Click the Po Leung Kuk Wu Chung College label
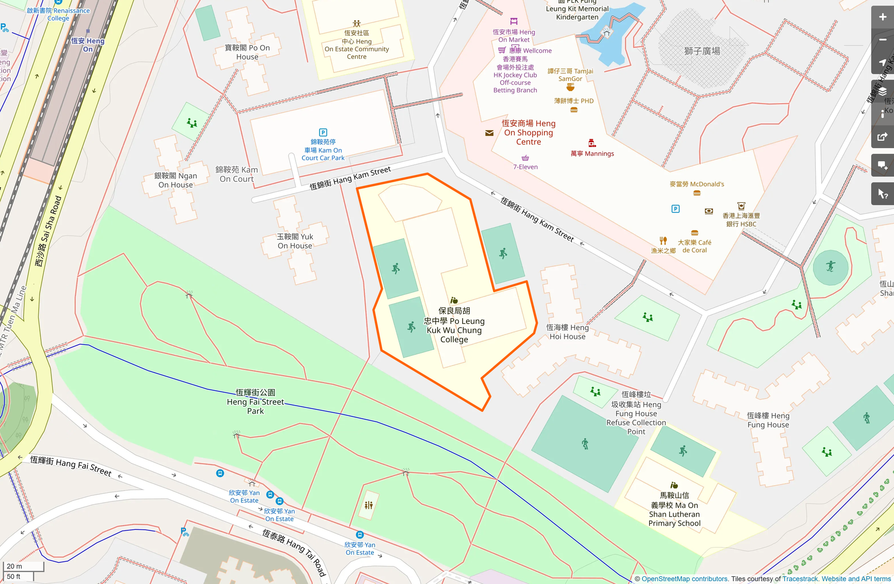(x=454, y=325)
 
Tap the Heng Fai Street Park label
(x=255, y=402)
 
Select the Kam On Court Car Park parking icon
(x=323, y=132)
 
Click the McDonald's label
(x=697, y=184)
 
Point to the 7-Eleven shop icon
(x=525, y=158)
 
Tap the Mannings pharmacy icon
(x=592, y=143)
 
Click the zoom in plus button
(x=882, y=17)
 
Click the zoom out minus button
(x=882, y=40)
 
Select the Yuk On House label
(x=295, y=241)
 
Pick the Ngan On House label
(x=176, y=180)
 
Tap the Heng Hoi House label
(x=568, y=332)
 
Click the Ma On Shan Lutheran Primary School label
(x=674, y=509)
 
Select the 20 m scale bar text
(x=15, y=566)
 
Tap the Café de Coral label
(x=695, y=246)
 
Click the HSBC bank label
(x=741, y=220)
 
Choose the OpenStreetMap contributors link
(x=684, y=579)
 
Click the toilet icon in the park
(x=369, y=505)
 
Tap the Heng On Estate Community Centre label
(x=357, y=45)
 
